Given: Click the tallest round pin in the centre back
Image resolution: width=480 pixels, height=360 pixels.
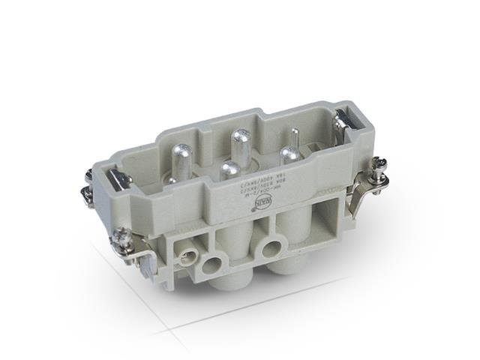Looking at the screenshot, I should click(x=241, y=142).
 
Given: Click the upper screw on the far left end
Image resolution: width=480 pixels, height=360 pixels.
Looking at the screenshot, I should click(x=88, y=177).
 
